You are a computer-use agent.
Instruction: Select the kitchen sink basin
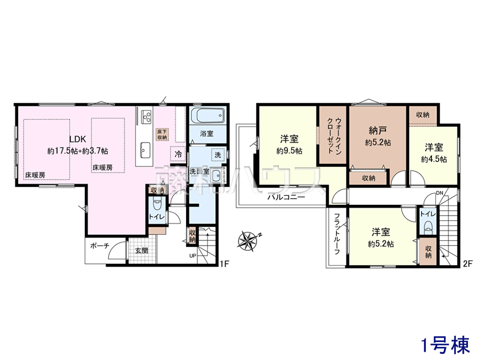(x=145, y=150)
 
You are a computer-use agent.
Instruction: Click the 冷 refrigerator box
(x=178, y=154)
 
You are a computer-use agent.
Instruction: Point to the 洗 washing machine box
(x=218, y=155)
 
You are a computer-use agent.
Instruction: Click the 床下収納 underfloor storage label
(x=162, y=134)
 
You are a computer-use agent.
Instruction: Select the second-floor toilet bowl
(x=428, y=228)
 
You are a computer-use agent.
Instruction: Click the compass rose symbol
(x=248, y=241)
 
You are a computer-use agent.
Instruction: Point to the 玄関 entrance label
(x=142, y=251)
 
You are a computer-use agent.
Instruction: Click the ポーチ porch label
(x=100, y=246)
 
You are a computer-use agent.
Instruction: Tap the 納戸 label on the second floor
(x=378, y=131)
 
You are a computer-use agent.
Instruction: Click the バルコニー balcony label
(x=286, y=197)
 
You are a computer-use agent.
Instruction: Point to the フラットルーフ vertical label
(x=337, y=234)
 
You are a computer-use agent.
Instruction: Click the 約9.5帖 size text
(x=289, y=151)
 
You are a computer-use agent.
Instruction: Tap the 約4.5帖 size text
(x=434, y=159)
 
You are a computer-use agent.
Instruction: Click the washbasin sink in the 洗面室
(x=217, y=175)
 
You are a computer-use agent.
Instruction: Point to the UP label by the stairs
(x=193, y=256)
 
